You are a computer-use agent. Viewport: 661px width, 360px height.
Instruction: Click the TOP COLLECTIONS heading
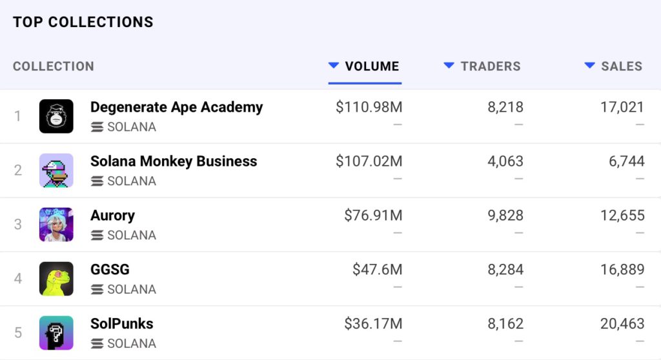pyautogui.click(x=83, y=22)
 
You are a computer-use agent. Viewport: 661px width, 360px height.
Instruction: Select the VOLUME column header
pyautogui.click(x=372, y=66)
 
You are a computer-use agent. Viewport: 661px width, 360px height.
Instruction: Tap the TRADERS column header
pyautogui.click(x=490, y=66)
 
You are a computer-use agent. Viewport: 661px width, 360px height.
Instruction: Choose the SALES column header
pyautogui.click(x=621, y=66)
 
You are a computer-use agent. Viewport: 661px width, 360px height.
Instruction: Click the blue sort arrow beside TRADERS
pyautogui.click(x=449, y=65)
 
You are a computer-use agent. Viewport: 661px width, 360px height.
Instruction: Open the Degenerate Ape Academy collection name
pyautogui.click(x=176, y=107)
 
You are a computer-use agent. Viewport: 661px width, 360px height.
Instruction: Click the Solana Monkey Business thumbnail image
pyautogui.click(x=56, y=170)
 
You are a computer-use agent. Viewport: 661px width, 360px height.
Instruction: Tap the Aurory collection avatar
pyautogui.click(x=56, y=225)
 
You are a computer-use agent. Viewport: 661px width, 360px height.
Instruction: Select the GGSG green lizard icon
pyautogui.click(x=56, y=279)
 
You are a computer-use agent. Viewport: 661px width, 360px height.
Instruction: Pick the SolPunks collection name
pyautogui.click(x=121, y=324)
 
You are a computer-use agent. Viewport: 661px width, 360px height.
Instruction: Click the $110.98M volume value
pyautogui.click(x=369, y=107)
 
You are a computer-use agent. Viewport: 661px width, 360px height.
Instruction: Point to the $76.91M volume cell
pyautogui.click(x=373, y=215)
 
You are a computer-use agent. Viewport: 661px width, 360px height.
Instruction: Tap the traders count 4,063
pyautogui.click(x=505, y=161)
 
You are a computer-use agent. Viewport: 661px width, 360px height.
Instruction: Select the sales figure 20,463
pyautogui.click(x=622, y=324)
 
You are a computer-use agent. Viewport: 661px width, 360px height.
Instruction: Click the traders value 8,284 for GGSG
pyautogui.click(x=505, y=270)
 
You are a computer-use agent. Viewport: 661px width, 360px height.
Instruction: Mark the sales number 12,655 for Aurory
pyautogui.click(x=622, y=215)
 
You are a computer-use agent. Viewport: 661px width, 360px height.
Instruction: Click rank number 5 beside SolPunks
pyautogui.click(x=18, y=333)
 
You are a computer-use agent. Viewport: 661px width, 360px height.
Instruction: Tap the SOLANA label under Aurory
pyautogui.click(x=131, y=235)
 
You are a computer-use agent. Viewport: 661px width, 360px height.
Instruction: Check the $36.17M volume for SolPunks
pyautogui.click(x=373, y=324)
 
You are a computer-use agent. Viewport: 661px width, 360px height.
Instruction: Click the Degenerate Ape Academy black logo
pyautogui.click(x=56, y=116)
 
